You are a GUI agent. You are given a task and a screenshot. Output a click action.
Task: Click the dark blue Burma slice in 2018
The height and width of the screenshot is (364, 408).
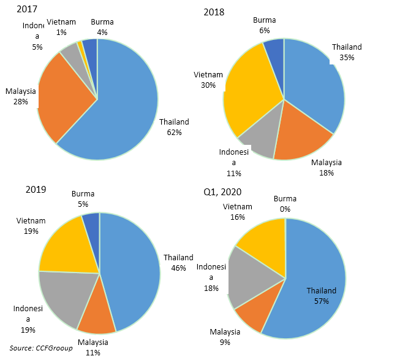pos(274,49)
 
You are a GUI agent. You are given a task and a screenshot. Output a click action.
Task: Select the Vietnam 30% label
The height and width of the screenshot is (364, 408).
pos(207,80)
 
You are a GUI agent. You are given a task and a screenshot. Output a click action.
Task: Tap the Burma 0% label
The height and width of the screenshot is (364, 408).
pos(285,204)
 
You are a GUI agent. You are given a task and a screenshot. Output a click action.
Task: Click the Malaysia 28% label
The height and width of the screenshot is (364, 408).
pos(21,96)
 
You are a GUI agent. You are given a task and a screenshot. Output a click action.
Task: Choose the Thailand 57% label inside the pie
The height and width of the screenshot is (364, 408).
pos(322,296)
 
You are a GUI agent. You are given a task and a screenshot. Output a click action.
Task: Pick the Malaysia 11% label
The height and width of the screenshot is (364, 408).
pos(93,347)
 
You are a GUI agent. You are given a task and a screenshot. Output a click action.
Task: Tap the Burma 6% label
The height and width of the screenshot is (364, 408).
pos(264,25)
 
